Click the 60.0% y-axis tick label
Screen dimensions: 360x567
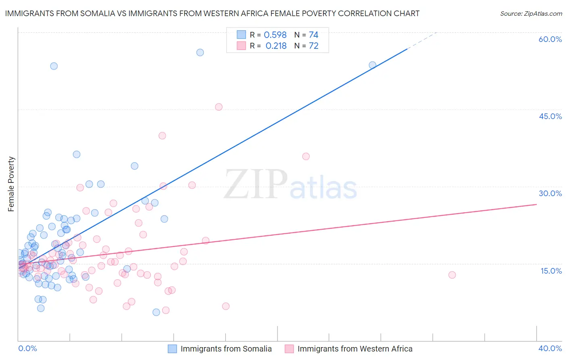pos(550,39)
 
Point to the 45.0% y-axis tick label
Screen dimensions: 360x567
pos(550,116)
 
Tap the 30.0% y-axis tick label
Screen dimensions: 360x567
pos(550,193)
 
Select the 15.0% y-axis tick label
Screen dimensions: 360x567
pos(551,271)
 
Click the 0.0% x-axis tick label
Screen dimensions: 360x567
pos(27,348)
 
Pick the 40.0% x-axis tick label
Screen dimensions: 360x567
pos(550,348)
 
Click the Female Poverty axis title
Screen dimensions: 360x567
pos(11,184)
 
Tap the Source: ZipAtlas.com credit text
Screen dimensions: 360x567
pos(531,13)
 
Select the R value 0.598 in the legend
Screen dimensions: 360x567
pos(275,35)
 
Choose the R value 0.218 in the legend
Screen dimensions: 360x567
pos(276,46)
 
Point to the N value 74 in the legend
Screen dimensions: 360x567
pos(313,35)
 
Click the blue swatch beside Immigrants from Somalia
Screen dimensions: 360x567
pos(172,349)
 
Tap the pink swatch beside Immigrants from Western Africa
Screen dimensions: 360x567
pos(289,349)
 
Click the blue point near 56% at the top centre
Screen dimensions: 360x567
pos(200,52)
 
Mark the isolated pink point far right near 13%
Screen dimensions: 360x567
pos(452,275)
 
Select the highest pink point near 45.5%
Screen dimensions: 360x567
pos(219,107)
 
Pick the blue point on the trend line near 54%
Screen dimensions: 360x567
pos(373,65)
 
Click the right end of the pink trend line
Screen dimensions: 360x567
pos(536,204)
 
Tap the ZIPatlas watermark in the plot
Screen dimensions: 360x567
pos(290,185)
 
